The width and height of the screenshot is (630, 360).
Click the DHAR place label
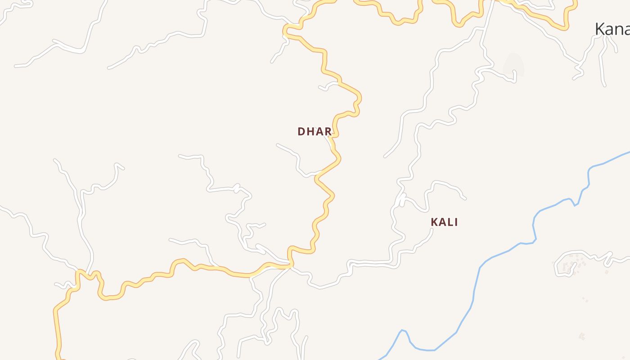(315, 131)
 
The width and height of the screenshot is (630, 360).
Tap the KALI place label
(444, 222)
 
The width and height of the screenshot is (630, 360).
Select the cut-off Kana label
(612, 29)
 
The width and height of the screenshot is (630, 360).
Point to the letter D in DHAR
(301, 131)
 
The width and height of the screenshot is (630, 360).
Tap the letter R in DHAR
(328, 131)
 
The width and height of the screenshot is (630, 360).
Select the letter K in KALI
(434, 222)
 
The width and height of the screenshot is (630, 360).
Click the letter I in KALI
(456, 222)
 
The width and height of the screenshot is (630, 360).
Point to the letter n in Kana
(618, 30)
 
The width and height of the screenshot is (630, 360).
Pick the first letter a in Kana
(609, 30)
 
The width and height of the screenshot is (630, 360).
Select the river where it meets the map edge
(628, 153)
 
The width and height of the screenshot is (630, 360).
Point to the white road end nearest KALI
(432, 229)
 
